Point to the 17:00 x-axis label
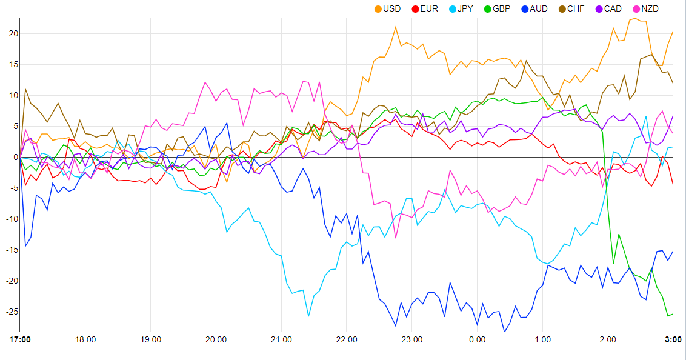[20, 339]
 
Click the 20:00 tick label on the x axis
[216, 339]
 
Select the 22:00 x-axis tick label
[347, 339]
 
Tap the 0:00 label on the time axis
[477, 339]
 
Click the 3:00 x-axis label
[673, 339]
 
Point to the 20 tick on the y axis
[12, 33]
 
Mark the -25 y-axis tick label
[10, 312]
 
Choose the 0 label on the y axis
[14, 157]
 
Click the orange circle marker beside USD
[378, 8]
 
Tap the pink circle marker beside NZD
[636, 8]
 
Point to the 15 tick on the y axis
[12, 64]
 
